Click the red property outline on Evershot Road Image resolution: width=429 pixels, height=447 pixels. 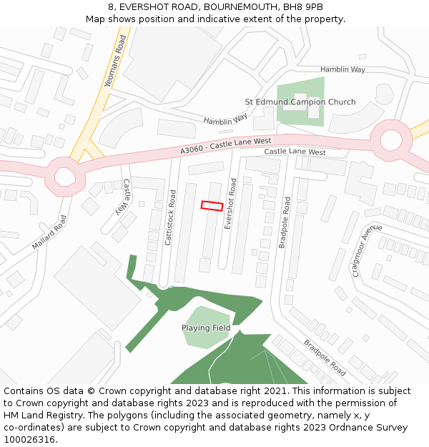(x=212, y=205)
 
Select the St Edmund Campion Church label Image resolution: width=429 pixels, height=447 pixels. (x=300, y=102)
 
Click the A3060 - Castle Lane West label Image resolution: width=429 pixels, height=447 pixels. (x=226, y=146)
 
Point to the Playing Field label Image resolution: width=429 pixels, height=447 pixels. (x=206, y=328)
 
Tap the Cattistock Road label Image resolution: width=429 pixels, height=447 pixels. (x=170, y=217)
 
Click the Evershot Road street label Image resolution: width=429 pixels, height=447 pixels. (x=230, y=204)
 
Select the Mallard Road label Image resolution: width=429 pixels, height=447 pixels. (x=49, y=232)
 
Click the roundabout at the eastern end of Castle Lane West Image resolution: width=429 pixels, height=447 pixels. (x=392, y=140)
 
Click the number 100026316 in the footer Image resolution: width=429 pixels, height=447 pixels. (x=30, y=439)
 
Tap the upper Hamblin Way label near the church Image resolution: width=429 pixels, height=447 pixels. (x=342, y=69)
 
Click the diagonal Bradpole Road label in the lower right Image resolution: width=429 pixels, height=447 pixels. (x=325, y=358)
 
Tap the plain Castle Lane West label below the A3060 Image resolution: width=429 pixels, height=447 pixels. (x=295, y=152)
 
